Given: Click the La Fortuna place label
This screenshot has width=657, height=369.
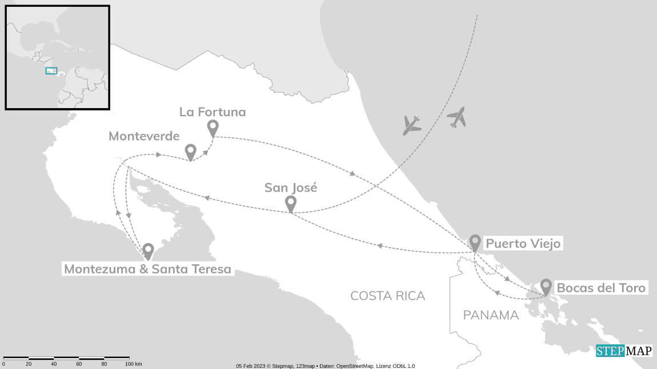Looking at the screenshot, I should click(x=213, y=112).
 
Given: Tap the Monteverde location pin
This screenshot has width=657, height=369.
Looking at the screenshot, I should click(x=191, y=151).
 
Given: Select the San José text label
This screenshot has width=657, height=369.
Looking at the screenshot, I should click(x=290, y=188).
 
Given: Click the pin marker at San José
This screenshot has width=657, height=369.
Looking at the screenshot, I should click(x=290, y=203).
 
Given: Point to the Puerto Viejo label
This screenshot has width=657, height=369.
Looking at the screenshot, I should click(x=523, y=244).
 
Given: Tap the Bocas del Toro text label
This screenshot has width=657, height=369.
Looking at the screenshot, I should click(x=601, y=288).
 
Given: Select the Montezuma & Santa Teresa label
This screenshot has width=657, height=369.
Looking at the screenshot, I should click(x=147, y=269).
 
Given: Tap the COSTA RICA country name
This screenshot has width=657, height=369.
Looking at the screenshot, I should click(x=387, y=296).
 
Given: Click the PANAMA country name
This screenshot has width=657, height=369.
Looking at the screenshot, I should click(x=491, y=315).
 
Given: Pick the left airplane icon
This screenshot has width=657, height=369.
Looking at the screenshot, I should click(x=411, y=125).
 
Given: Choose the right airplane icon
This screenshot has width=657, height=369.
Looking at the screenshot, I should click(x=456, y=117).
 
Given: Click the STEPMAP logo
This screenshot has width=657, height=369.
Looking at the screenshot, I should click(x=624, y=351).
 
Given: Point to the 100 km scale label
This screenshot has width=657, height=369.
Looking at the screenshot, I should click(x=133, y=364).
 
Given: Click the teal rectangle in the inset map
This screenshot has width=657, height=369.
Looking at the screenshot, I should click(x=51, y=70).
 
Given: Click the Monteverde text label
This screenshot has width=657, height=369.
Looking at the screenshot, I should click(x=144, y=136).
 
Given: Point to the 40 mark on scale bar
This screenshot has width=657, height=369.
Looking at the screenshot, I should click(x=54, y=364).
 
